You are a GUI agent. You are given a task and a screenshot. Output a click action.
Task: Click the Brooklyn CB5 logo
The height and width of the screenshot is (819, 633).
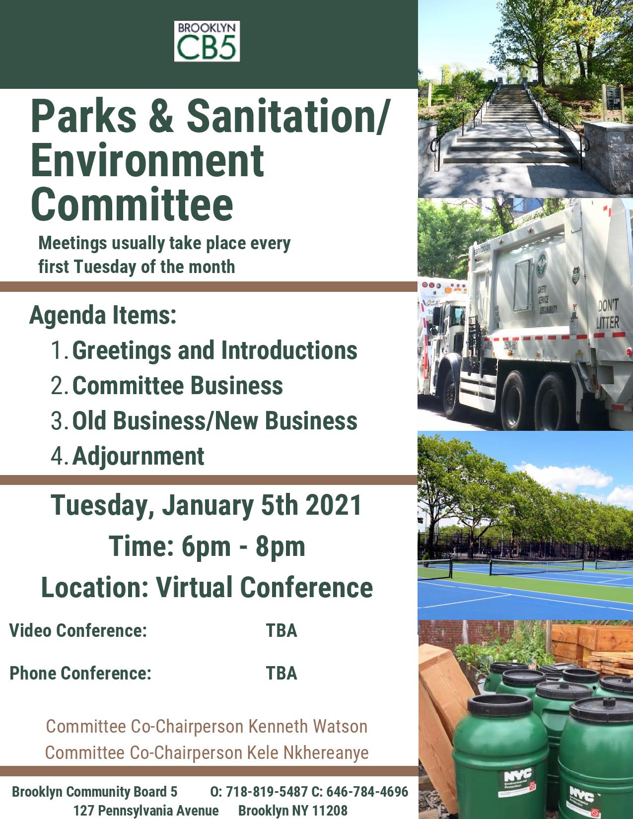tap(207, 41)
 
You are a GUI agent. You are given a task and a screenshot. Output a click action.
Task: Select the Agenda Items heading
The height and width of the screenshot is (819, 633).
tap(103, 315)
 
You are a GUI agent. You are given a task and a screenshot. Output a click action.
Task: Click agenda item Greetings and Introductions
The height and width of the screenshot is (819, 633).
tap(214, 350)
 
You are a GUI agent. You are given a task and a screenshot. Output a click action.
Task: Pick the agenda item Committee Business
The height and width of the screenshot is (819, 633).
tap(177, 386)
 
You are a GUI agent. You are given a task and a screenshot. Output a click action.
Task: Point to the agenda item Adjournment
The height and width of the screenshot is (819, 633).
tap(138, 457)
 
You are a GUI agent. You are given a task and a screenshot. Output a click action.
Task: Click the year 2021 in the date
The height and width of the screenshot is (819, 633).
tap(334, 505)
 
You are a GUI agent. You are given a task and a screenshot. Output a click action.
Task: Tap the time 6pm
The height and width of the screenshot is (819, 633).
tap(206, 546)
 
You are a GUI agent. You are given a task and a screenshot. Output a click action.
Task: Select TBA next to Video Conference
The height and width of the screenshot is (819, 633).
tap(281, 630)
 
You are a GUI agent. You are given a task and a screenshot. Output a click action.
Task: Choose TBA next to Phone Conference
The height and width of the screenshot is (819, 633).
tap(281, 673)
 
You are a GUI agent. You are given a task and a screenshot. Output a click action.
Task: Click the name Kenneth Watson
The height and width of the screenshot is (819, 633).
tap(308, 726)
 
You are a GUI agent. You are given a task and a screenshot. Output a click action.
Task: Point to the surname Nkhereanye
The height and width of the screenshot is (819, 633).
tap(326, 752)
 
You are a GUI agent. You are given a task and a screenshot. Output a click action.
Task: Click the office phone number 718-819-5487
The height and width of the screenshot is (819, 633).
tap(267, 792)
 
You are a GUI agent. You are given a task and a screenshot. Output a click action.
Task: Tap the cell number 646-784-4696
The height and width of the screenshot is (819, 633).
tap(367, 792)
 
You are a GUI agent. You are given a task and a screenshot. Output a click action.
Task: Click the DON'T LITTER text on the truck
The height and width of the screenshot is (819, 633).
tap(607, 314)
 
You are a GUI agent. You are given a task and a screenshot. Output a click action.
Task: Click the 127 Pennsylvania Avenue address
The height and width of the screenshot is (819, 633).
tap(146, 810)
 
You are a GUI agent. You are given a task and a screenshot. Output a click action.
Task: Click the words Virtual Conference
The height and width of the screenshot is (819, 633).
tap(265, 587)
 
